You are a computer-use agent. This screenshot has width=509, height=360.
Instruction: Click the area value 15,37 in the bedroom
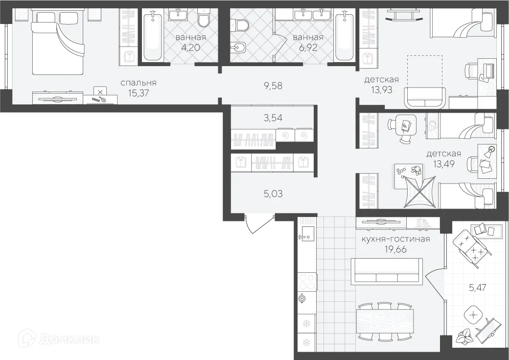point(139,93)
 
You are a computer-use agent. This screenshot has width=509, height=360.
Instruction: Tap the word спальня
point(139,83)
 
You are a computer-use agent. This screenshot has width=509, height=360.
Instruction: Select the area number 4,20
point(191,48)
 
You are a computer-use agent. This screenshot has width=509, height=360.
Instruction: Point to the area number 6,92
point(308,48)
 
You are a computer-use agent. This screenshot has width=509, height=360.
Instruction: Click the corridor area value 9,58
point(273,86)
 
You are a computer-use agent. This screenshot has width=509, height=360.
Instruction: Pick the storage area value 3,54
point(273,118)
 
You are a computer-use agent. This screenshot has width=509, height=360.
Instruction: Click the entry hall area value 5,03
point(273,193)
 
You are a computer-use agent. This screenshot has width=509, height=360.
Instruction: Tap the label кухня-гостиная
point(396,239)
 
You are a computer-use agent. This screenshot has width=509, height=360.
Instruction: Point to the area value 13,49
point(443,164)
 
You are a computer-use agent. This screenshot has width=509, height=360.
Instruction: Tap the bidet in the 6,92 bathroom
point(238,49)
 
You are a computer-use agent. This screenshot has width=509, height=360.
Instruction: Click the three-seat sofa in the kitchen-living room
point(388,271)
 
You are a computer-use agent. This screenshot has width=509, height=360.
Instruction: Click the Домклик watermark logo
point(59,339)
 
